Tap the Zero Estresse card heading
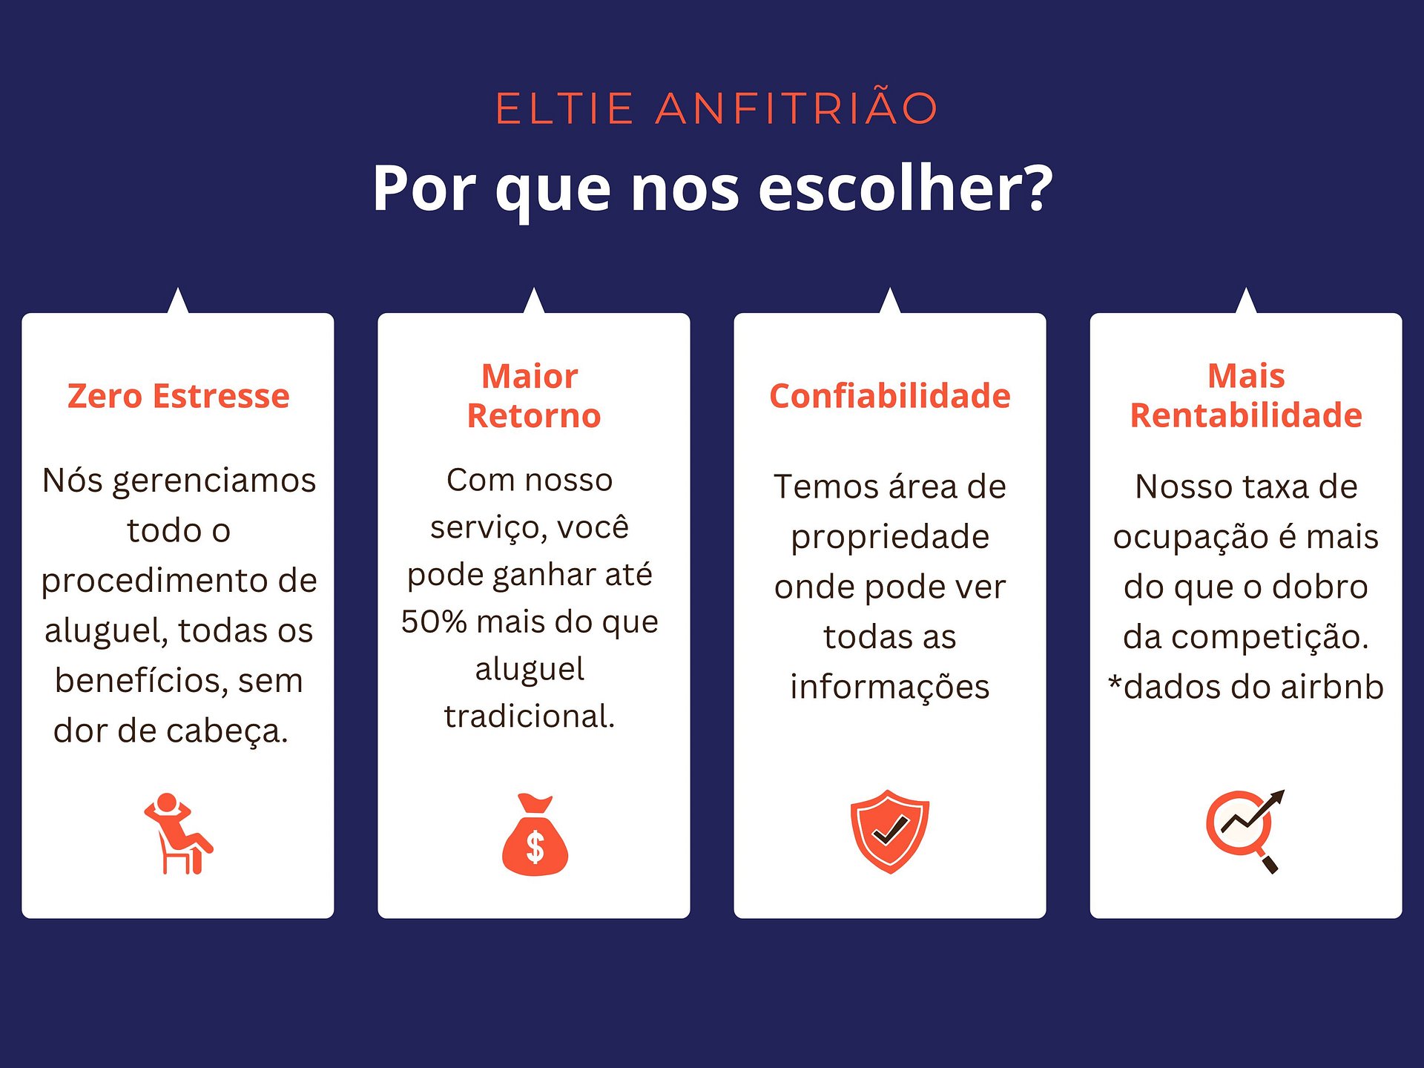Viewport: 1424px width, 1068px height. tap(178, 396)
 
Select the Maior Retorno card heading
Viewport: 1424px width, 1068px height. tap(533, 396)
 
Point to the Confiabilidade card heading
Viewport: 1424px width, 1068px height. tap(890, 396)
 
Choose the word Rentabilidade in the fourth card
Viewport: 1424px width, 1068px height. tap(1246, 415)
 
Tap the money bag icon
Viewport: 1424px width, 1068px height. tap(535, 834)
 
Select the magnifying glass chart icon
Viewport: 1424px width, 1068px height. tap(1245, 831)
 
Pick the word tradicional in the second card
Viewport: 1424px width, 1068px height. tap(530, 716)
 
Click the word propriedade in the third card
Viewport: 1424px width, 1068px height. tap(890, 538)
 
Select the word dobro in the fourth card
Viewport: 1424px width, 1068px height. tap(1320, 587)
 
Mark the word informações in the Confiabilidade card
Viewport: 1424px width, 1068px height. tap(890, 688)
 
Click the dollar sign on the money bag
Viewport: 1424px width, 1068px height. tap(535, 847)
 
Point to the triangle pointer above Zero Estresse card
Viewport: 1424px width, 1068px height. tap(178, 300)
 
